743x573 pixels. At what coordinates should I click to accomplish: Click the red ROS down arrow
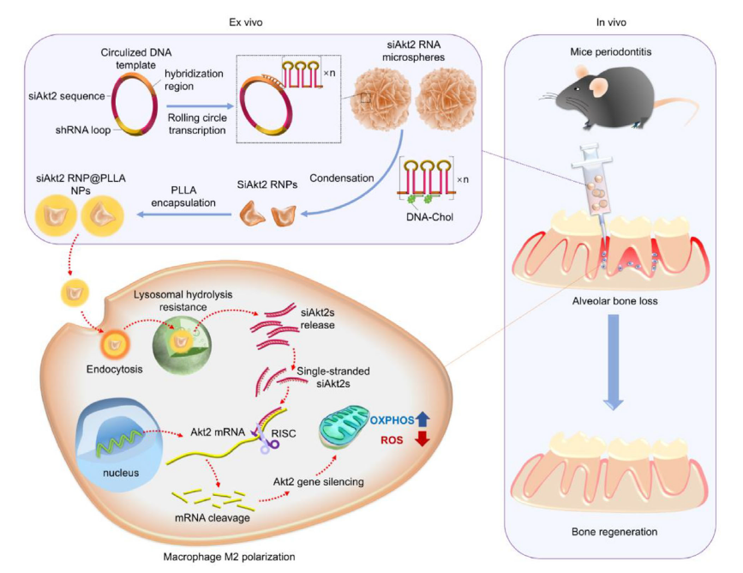pos(421,440)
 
